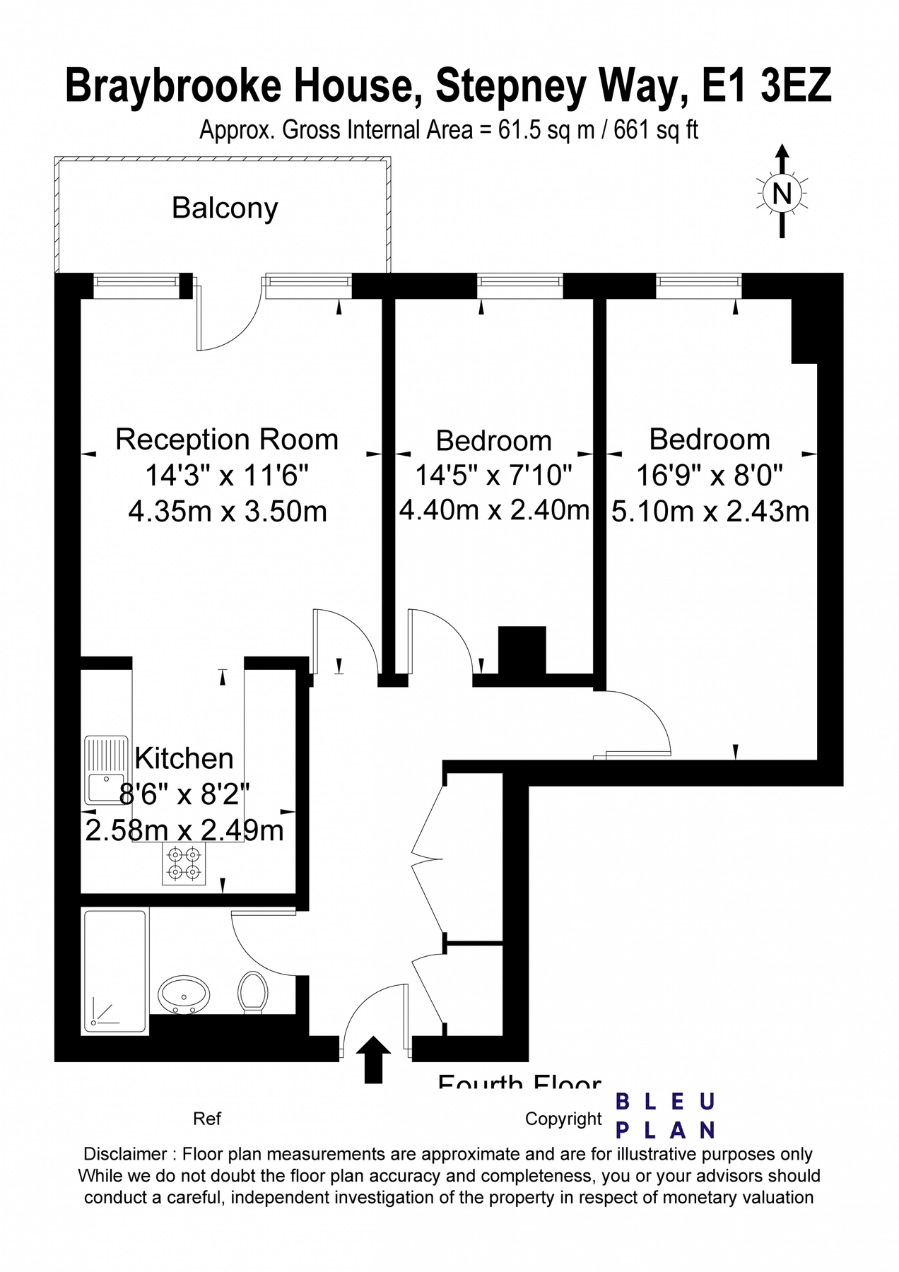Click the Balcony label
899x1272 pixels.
coord(225,208)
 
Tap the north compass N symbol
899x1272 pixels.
coord(782,193)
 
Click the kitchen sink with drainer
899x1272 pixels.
coord(106,770)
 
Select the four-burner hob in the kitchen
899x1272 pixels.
coord(184,864)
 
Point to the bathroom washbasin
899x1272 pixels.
coord(183,994)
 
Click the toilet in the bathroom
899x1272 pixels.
coord(252,991)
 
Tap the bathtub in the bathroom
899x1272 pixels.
coord(115,972)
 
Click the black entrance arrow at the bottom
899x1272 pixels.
coord(373,1059)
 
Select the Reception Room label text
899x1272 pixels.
coord(227,440)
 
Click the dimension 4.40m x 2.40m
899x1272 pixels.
coord(494,510)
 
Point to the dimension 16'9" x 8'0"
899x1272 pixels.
coord(710,475)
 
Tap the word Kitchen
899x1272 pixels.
coord(184,758)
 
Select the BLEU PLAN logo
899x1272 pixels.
coord(665,1116)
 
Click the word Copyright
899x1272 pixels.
coord(563,1119)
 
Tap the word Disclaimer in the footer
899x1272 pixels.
coord(125,1154)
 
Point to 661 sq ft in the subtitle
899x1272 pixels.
coord(655,130)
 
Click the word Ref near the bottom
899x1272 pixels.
coord(206,1119)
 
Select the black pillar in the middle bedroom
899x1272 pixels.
coord(522,649)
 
